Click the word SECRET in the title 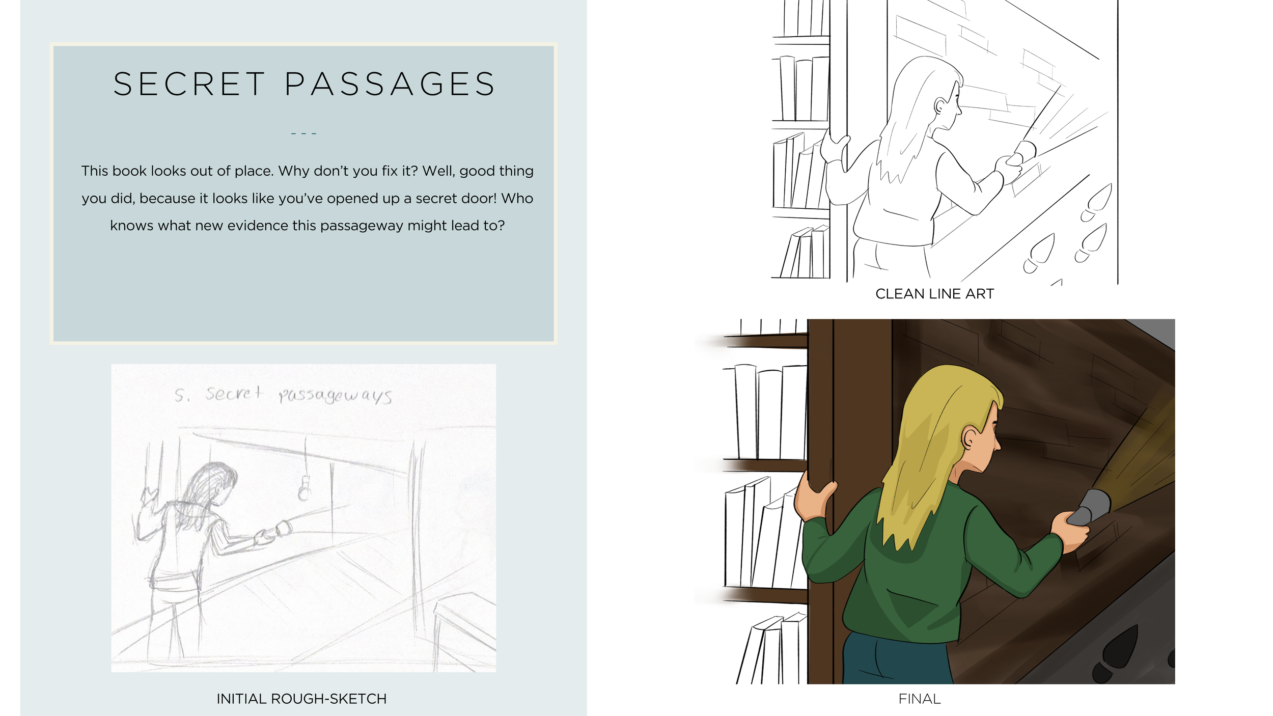[189, 84]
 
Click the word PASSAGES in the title [390, 84]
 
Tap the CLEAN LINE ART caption [934, 294]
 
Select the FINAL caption [919, 699]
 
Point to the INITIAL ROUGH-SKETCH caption [301, 699]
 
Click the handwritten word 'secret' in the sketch [234, 394]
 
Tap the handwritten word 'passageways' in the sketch [336, 396]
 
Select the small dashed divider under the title [303, 133]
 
